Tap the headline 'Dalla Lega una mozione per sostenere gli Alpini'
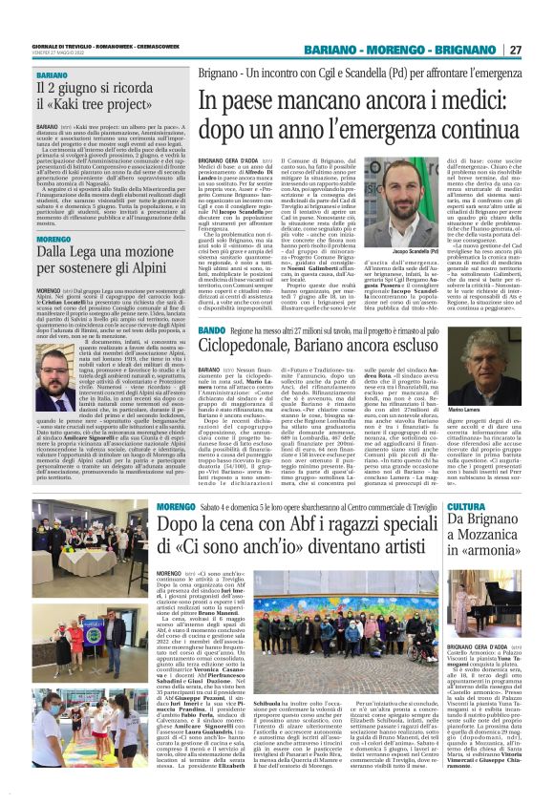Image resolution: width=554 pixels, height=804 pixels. [101, 264]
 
